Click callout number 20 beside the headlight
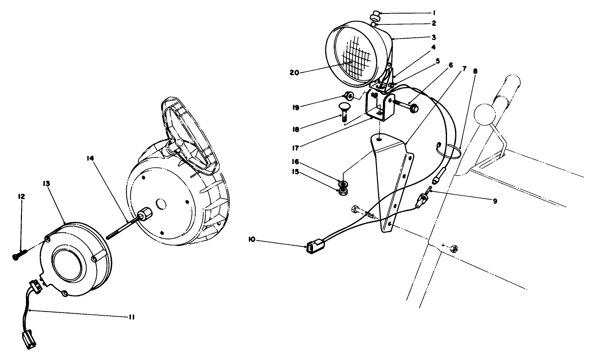pyautogui.click(x=294, y=73)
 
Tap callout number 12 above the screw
pyautogui.click(x=21, y=196)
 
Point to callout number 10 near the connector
pyautogui.click(x=252, y=240)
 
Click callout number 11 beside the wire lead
pyautogui.click(x=132, y=317)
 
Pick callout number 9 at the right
pyautogui.click(x=495, y=201)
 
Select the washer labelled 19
pyautogui.click(x=348, y=96)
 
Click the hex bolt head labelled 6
pyautogui.click(x=414, y=108)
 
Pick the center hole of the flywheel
pyautogui.click(x=161, y=203)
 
